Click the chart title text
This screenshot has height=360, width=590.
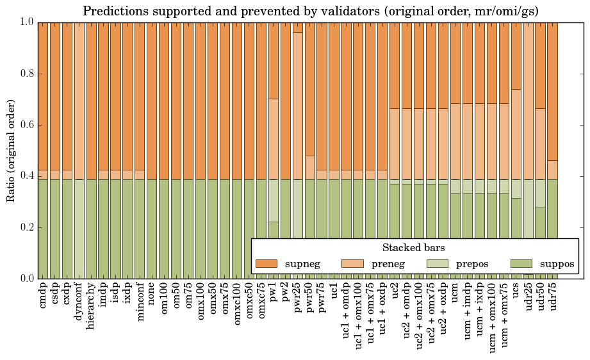coord(311,11)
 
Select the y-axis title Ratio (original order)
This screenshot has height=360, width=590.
coord(11,150)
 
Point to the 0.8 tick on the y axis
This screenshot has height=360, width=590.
coord(25,74)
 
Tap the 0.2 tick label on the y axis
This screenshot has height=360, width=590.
coord(25,227)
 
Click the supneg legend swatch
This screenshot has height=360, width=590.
coord(266,263)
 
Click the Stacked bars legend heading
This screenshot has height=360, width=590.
coord(413,247)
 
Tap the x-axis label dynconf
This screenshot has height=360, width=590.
coord(79,300)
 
